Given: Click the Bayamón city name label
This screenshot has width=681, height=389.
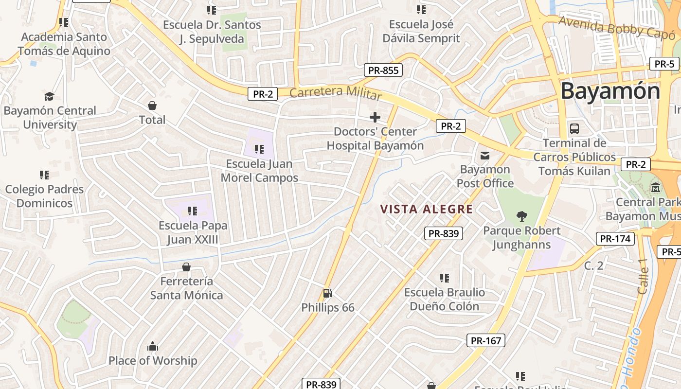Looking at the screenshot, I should click(610, 91).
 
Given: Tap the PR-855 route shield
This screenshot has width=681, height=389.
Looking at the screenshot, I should click(383, 70).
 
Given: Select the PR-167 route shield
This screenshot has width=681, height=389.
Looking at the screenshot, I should click(486, 340).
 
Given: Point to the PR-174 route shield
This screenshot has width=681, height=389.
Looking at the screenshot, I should click(615, 239).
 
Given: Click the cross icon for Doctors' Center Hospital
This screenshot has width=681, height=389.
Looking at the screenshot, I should click(375, 117).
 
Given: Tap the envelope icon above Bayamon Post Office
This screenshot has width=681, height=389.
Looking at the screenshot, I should click(485, 156).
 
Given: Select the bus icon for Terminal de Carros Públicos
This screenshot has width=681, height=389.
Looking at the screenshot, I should click(574, 129).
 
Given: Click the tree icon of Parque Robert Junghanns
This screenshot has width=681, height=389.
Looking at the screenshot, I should click(521, 216).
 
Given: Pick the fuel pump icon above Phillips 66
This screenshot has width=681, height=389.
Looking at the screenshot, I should click(328, 293).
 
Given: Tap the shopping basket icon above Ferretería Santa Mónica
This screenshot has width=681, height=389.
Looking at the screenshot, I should click(186, 267).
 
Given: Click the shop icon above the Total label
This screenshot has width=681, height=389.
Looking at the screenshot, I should click(152, 106).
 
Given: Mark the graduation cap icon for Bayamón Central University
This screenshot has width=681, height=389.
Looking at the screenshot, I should click(49, 96).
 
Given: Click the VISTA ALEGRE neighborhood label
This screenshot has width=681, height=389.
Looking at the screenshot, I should click(426, 209).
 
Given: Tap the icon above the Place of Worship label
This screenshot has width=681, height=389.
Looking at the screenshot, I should click(153, 346).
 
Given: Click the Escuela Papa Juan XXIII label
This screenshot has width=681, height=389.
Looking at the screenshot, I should click(193, 232).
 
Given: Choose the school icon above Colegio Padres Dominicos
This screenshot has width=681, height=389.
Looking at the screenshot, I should click(44, 175).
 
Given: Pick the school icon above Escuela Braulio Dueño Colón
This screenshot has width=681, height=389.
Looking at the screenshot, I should click(445, 278).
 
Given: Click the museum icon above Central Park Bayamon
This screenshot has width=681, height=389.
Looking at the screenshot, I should click(656, 187).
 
